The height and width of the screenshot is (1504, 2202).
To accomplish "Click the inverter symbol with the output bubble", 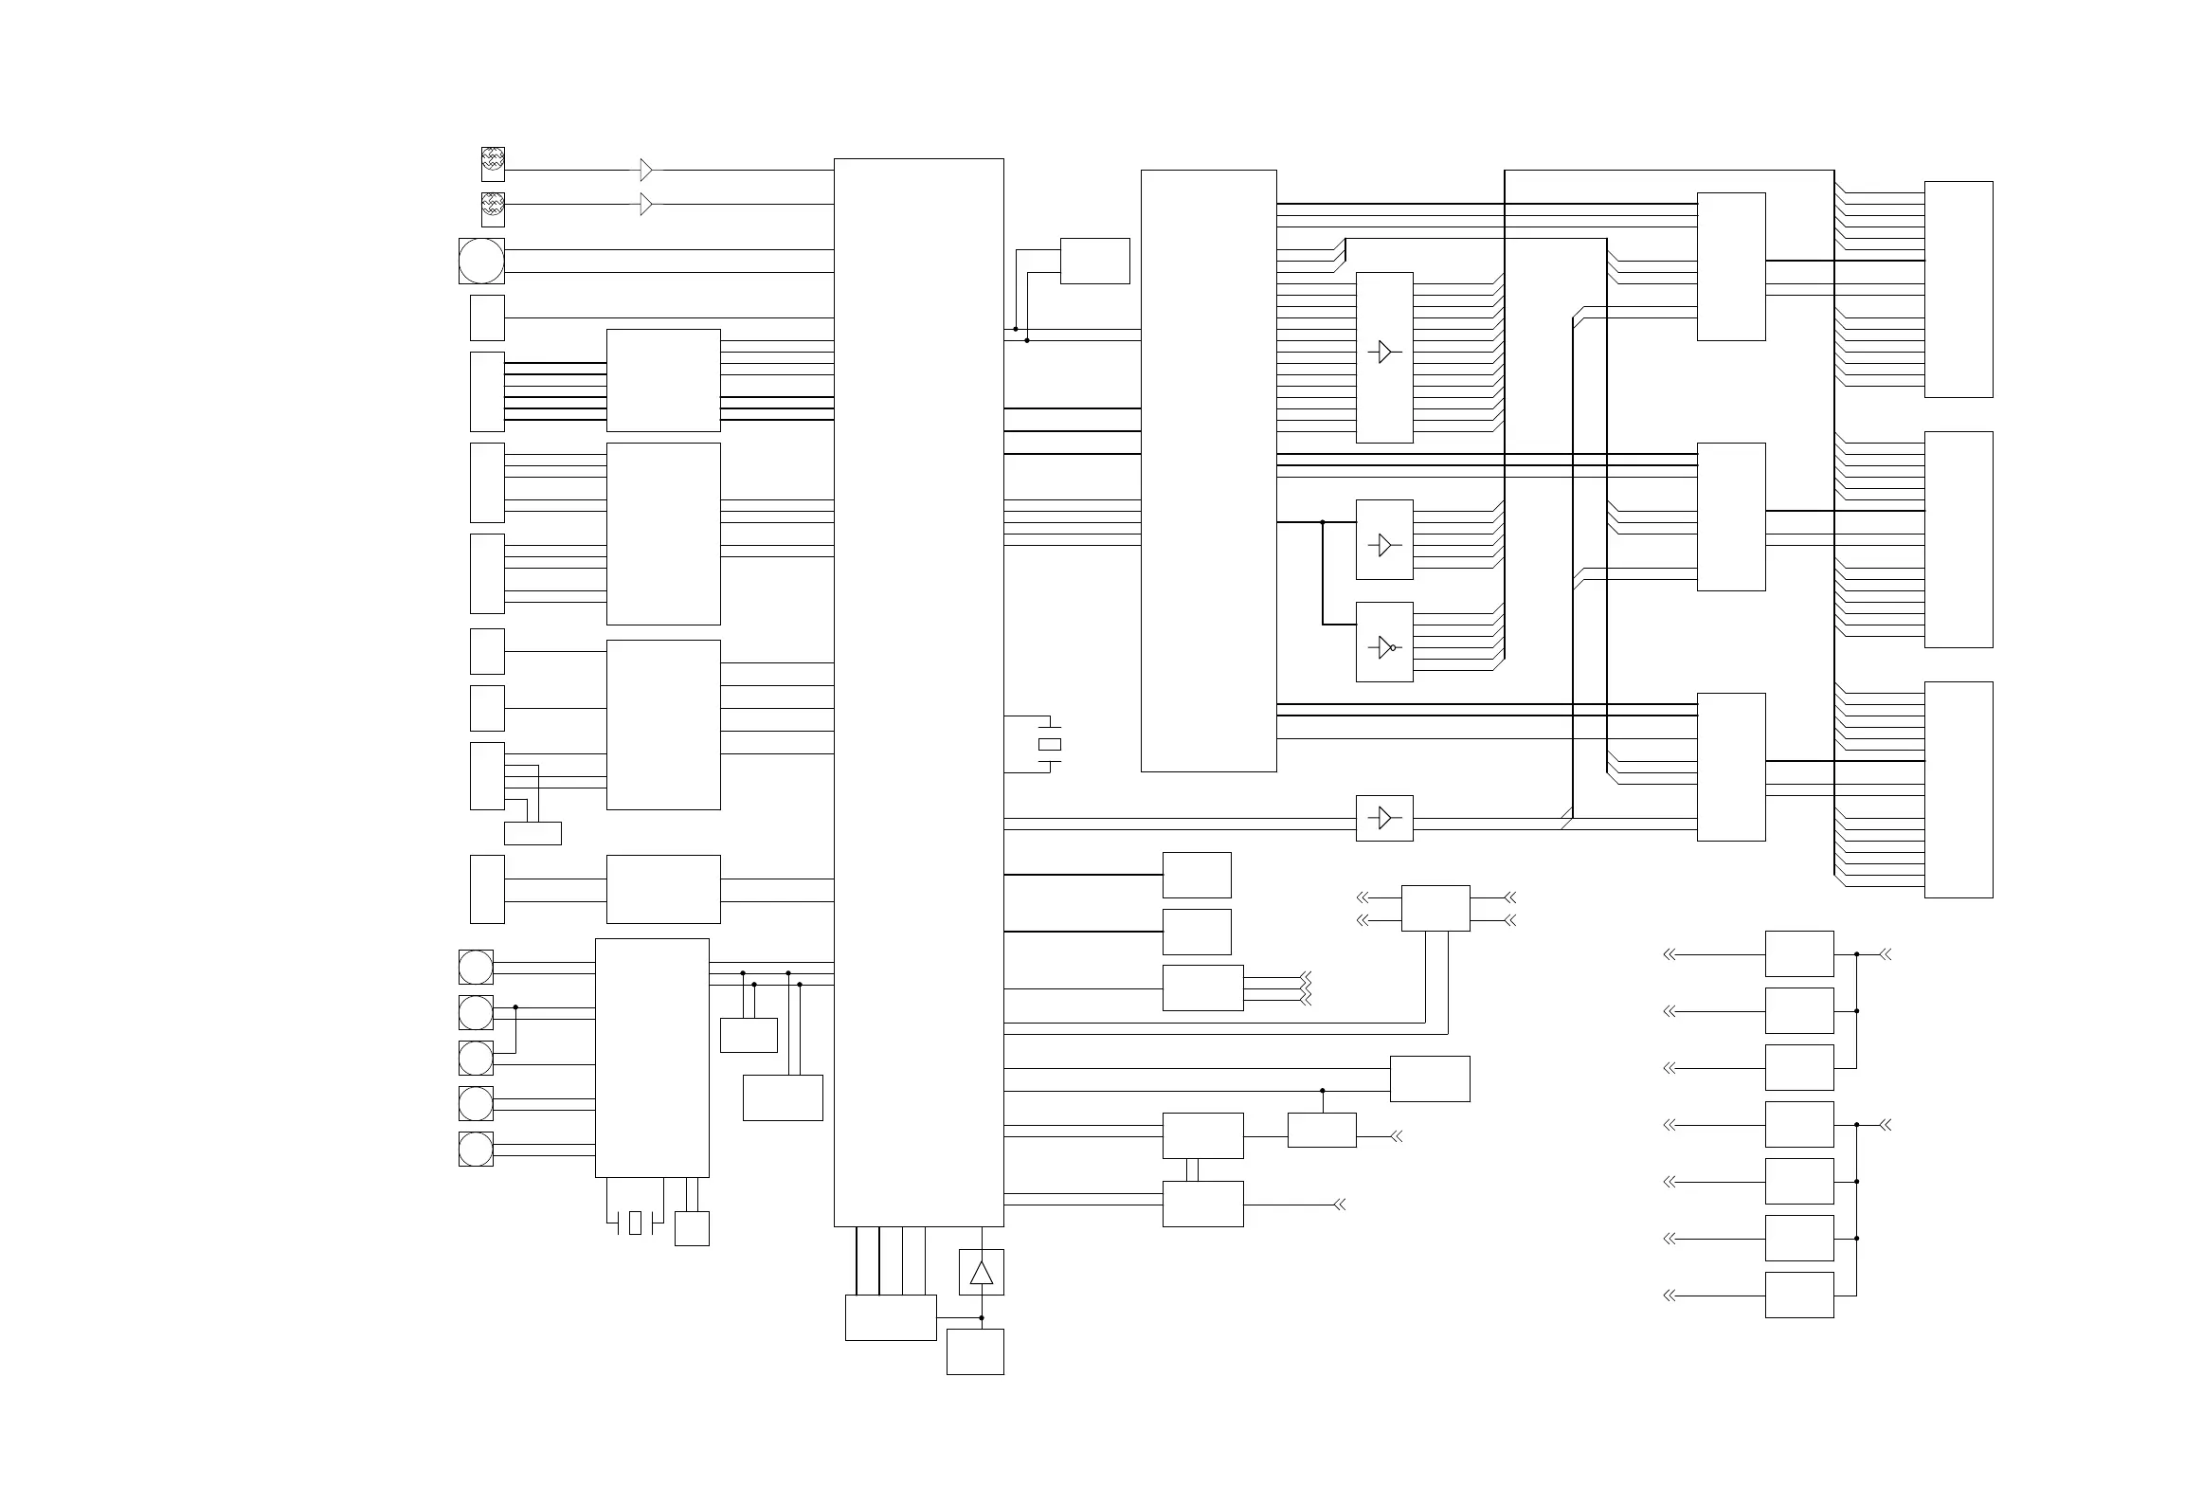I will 1385,647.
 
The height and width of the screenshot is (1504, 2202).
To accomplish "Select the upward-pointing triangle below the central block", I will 982,1273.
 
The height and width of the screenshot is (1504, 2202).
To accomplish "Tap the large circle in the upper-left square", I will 481,261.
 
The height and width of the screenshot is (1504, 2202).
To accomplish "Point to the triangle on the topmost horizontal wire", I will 646,170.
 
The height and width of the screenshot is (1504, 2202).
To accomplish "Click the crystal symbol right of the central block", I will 1050,744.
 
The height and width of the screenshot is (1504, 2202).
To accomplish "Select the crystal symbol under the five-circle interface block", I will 635,1223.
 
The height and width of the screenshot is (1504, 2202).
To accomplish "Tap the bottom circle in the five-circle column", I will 476,1149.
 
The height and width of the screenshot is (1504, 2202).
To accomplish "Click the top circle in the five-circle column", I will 476,967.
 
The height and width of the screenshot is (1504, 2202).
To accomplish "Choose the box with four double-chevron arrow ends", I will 1435,908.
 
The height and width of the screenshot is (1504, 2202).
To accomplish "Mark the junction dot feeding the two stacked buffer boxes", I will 1323,522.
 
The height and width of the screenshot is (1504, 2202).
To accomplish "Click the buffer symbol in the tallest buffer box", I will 1384,352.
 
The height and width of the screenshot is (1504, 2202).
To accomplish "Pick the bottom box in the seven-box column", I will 1799,1295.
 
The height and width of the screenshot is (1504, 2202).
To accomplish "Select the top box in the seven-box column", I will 1799,953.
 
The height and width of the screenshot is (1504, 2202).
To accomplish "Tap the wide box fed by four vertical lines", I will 891,1317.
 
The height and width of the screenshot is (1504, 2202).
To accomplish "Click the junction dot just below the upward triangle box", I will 982,1317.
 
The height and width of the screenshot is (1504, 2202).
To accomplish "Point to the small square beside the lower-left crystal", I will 692,1228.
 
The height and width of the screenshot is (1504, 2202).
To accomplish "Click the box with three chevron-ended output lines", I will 1202,988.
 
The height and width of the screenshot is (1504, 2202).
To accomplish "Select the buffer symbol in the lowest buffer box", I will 1384,818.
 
